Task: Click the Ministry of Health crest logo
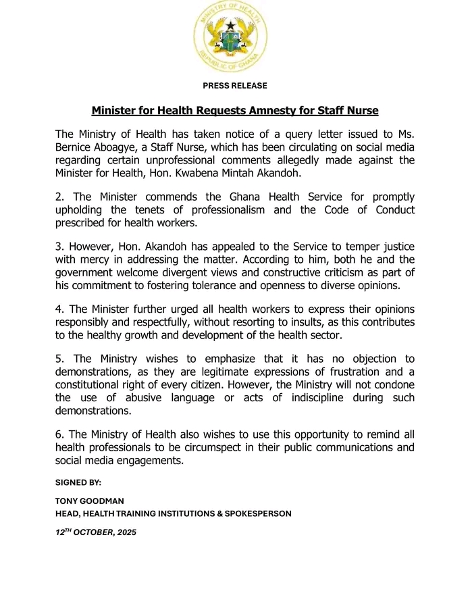tap(230, 36)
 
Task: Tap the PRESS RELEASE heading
tap(235, 86)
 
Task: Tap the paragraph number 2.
tap(59, 197)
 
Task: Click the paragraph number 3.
tap(59, 247)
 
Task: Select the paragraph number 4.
tap(59, 309)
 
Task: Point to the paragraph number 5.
tap(59, 359)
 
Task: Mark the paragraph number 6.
tap(59, 435)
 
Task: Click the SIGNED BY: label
tap(78, 483)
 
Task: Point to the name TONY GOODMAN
tap(89, 502)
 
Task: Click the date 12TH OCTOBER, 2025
tap(96, 532)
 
